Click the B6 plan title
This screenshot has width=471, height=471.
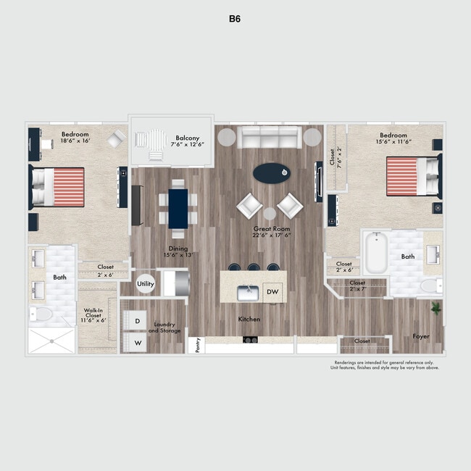click(x=234, y=20)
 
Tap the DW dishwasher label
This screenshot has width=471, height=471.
click(x=272, y=292)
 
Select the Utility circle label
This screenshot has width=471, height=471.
click(x=146, y=284)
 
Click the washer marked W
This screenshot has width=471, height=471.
click(x=137, y=342)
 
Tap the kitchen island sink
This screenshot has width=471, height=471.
click(x=248, y=293)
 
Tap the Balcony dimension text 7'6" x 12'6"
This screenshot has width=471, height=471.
click(x=186, y=145)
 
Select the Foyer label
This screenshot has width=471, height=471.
click(x=421, y=336)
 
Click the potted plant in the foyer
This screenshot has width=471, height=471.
click(x=436, y=308)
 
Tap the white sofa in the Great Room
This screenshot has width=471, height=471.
click(x=270, y=136)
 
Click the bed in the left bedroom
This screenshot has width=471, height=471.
click(x=58, y=187)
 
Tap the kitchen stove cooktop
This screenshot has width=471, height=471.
click(x=251, y=339)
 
